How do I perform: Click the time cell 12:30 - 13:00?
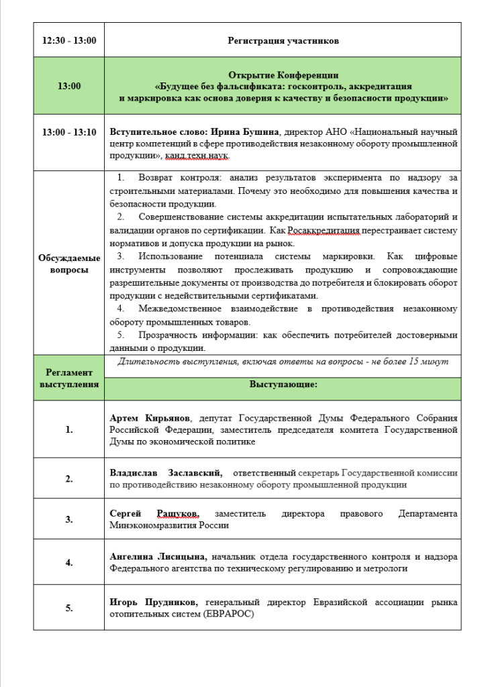coord(69,41)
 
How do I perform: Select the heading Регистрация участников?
coord(283,41)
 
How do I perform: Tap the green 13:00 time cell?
coord(69,86)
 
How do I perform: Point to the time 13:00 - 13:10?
coord(69,132)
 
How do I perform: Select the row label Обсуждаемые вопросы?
coord(69,263)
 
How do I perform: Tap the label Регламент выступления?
coord(69,378)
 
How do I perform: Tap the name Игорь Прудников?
coord(154,602)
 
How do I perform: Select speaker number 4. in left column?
coord(69,562)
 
